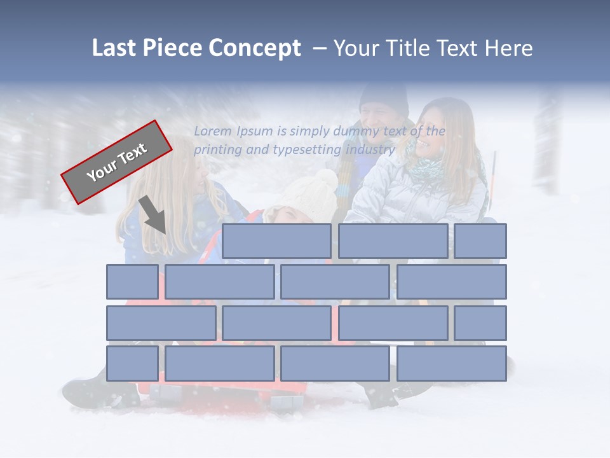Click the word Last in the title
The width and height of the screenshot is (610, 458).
114,48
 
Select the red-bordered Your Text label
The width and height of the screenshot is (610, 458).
116,162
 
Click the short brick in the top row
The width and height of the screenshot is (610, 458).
480,241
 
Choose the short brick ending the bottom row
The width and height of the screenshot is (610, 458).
132,363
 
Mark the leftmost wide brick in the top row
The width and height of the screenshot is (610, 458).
276,241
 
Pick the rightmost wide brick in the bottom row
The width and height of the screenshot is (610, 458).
452,363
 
